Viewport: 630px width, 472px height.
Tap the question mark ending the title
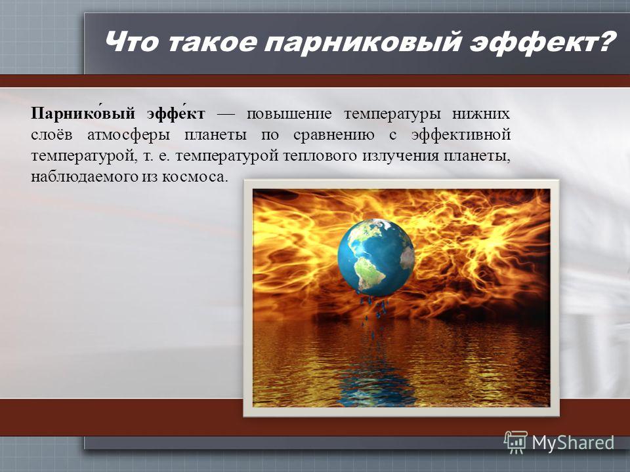[604, 41]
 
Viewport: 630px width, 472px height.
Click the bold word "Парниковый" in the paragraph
[83, 113]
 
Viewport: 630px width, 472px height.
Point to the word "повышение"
[289, 114]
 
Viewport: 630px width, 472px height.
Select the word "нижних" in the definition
[481, 114]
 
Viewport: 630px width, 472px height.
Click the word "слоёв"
[52, 134]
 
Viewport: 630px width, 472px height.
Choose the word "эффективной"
[461, 135]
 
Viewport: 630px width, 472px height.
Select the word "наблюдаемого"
[85, 176]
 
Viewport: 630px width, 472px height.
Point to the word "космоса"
[195, 177]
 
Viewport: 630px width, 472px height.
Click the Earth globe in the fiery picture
[376, 257]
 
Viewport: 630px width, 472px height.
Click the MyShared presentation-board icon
[516, 442]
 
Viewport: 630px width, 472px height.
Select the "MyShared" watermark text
[573, 442]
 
